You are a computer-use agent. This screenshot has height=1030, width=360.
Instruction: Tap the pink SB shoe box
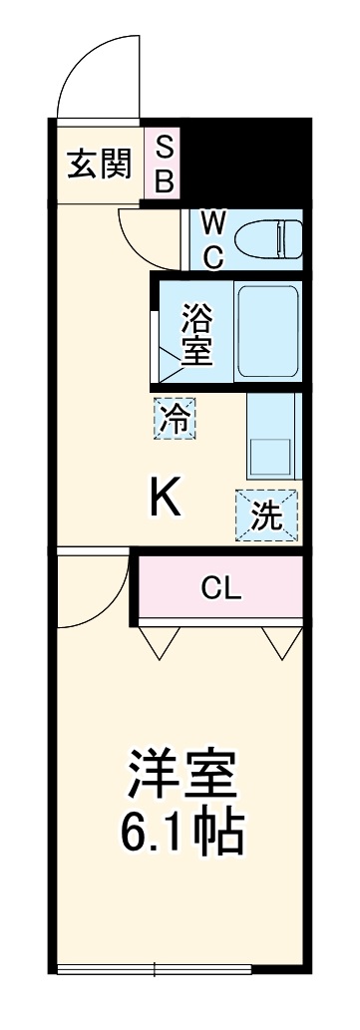click(x=166, y=166)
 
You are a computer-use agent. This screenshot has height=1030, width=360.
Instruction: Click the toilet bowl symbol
click(x=267, y=237)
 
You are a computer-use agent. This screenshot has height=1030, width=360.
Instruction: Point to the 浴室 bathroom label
click(x=196, y=337)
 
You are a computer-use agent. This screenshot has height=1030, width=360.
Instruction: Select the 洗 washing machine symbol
click(x=265, y=515)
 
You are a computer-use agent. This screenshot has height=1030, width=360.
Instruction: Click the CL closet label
click(x=221, y=588)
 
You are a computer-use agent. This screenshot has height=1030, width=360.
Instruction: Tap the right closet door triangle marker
click(x=280, y=640)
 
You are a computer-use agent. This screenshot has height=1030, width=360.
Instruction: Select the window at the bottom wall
click(x=180, y=967)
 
